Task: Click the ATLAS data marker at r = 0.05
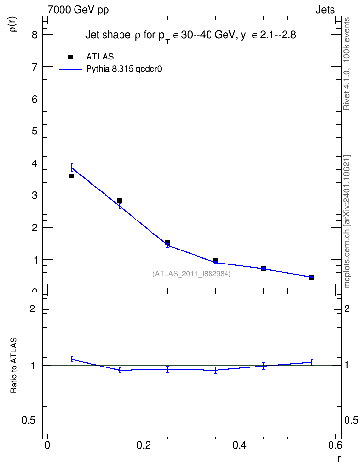72,176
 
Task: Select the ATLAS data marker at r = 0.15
120,201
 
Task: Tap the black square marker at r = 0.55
312,278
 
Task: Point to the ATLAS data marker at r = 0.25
167,243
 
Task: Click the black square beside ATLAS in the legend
70,57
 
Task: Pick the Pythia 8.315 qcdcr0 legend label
124,69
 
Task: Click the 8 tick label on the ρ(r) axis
35,35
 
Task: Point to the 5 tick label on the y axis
35,132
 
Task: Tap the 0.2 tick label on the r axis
144,445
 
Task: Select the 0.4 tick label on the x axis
240,445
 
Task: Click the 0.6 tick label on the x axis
335,445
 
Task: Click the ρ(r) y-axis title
14,24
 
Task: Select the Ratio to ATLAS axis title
14,365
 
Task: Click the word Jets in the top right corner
325,10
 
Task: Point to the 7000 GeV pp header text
78,10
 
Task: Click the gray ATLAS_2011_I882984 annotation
192,274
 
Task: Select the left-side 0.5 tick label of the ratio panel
29,421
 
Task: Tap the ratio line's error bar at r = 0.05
72,359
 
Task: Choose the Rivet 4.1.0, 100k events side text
346,64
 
